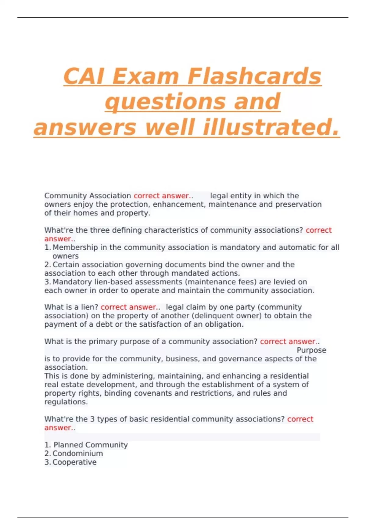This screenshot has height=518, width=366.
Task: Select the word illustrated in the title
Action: pos(271,127)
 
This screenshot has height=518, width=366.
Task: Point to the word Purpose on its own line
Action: pos(311,350)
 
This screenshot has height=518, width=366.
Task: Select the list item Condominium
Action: pos(77,453)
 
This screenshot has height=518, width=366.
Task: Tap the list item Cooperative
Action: pos(74,462)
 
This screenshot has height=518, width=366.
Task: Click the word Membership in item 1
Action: pos(75,247)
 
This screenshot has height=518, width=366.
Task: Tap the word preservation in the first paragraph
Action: pos(298,204)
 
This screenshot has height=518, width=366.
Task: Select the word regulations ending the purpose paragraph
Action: pos(66,402)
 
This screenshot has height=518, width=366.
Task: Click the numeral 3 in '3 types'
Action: pos(92,419)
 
